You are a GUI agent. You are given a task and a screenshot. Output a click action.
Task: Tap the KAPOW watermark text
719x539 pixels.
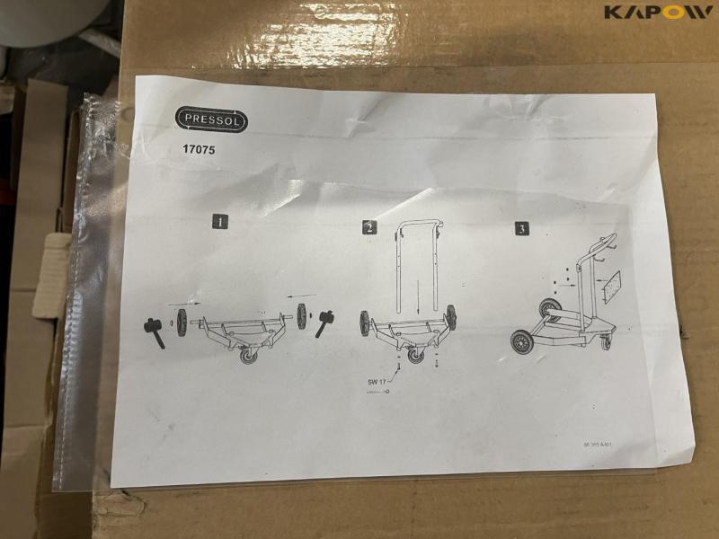point(658,13)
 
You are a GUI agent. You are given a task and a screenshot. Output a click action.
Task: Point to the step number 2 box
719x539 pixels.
point(368,227)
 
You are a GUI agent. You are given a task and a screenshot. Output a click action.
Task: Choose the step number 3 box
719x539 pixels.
point(521,229)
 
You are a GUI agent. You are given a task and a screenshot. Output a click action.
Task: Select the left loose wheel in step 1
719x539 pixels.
point(182,323)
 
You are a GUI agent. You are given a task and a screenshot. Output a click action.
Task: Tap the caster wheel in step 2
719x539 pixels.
point(414,355)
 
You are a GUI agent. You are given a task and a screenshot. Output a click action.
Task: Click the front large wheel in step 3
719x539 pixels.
point(521,341)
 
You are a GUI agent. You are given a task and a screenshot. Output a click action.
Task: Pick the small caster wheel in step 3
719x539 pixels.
point(605,343)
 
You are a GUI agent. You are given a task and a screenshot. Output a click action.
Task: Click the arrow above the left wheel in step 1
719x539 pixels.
point(182,304)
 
